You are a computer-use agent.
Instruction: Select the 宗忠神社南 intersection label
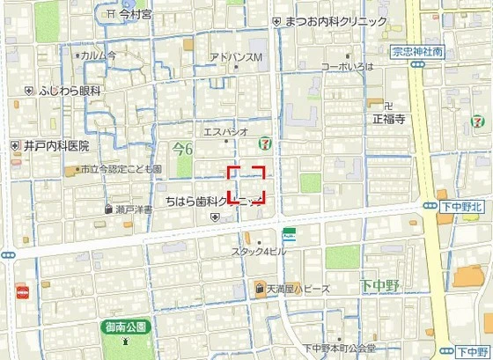click(417, 52)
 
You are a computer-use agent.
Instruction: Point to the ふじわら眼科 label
click(70, 90)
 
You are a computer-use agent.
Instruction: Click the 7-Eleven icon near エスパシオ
click(264, 143)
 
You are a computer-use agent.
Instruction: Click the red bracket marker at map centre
click(246, 184)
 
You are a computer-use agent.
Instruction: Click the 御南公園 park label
click(124, 326)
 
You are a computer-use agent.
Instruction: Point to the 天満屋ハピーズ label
click(298, 289)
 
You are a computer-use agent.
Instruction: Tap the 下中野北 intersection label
click(463, 205)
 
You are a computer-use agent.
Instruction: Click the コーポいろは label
click(347, 66)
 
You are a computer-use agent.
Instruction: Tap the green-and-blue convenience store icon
click(289, 235)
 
